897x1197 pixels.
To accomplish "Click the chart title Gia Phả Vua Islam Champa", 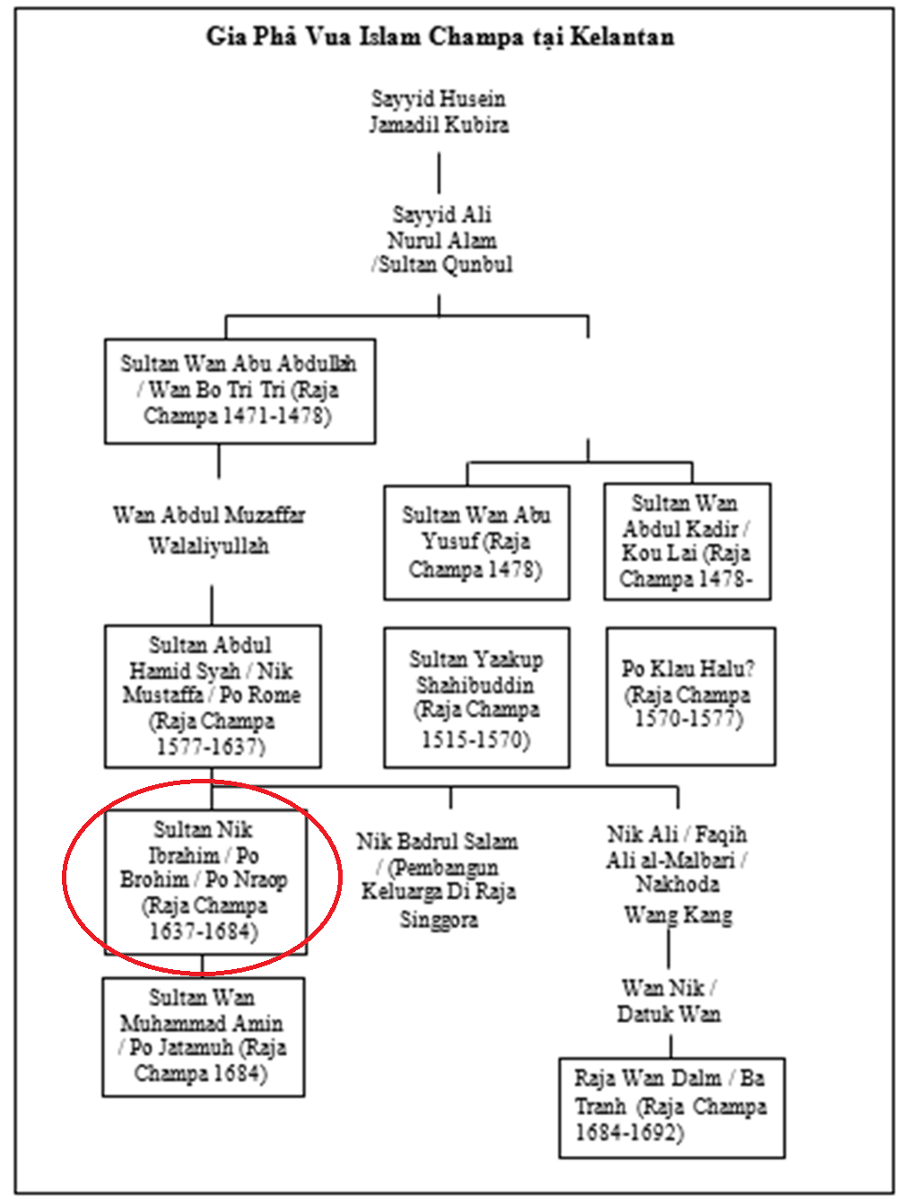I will [x=440, y=37].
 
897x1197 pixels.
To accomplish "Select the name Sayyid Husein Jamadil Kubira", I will [x=439, y=111].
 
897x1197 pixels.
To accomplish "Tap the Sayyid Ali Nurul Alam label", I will [x=441, y=239].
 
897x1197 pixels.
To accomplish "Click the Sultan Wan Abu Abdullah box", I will [x=239, y=390].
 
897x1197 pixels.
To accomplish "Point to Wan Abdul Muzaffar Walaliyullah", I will [x=209, y=529].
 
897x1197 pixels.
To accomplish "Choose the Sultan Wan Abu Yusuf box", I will [x=476, y=542].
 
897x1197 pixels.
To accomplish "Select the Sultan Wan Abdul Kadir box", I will [x=687, y=541].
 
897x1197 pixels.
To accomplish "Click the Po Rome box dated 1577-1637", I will [x=213, y=695].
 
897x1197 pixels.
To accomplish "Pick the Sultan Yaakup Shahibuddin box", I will [x=476, y=697].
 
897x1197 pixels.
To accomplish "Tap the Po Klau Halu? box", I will [x=690, y=695].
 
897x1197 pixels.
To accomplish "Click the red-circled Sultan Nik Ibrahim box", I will [x=205, y=880].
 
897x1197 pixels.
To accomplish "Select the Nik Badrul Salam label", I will [x=439, y=879].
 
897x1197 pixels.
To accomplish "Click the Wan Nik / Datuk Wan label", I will [x=669, y=1000].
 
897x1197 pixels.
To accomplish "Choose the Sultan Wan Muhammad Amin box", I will [x=203, y=1035].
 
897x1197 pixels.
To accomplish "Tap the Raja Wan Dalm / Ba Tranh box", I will [x=671, y=1106].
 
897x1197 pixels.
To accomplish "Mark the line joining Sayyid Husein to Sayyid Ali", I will [x=439, y=171].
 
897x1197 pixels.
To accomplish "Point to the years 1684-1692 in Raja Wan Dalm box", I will [x=629, y=1132].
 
